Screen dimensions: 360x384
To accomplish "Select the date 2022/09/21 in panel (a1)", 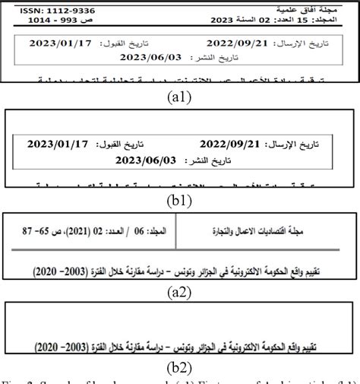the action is coord(242,43).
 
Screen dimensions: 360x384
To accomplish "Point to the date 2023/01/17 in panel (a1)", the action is coord(60,43).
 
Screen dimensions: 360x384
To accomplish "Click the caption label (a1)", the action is coord(180,97).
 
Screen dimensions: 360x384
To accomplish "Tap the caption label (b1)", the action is coord(180,201).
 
